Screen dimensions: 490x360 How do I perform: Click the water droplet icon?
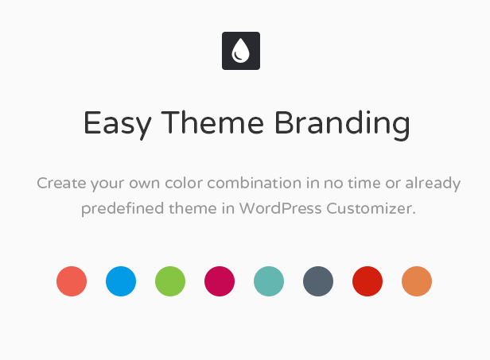click(x=240, y=51)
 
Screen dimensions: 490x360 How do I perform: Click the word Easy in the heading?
click(x=118, y=124)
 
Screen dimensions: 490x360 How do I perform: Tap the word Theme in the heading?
click(x=212, y=122)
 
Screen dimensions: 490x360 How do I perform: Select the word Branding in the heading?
click(x=342, y=125)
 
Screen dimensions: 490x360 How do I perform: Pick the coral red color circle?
click(x=72, y=281)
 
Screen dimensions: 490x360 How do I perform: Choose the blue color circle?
click(x=121, y=281)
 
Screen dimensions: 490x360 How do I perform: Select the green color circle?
click(x=170, y=281)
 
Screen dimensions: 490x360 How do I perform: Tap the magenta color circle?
click(x=220, y=281)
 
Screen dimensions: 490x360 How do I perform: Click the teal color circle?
click(x=269, y=281)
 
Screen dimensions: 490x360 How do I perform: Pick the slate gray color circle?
click(x=318, y=281)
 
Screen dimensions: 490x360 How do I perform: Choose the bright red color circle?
click(x=367, y=281)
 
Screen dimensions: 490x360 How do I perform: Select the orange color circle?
click(x=417, y=281)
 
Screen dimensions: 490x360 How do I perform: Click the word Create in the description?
click(x=61, y=183)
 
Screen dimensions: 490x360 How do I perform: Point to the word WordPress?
click(x=281, y=208)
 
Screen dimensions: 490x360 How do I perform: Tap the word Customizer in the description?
click(x=371, y=208)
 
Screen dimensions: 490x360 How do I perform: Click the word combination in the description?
click(x=254, y=183)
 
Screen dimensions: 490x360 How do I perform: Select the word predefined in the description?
click(x=122, y=209)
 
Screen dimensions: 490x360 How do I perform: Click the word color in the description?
click(x=184, y=183)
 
